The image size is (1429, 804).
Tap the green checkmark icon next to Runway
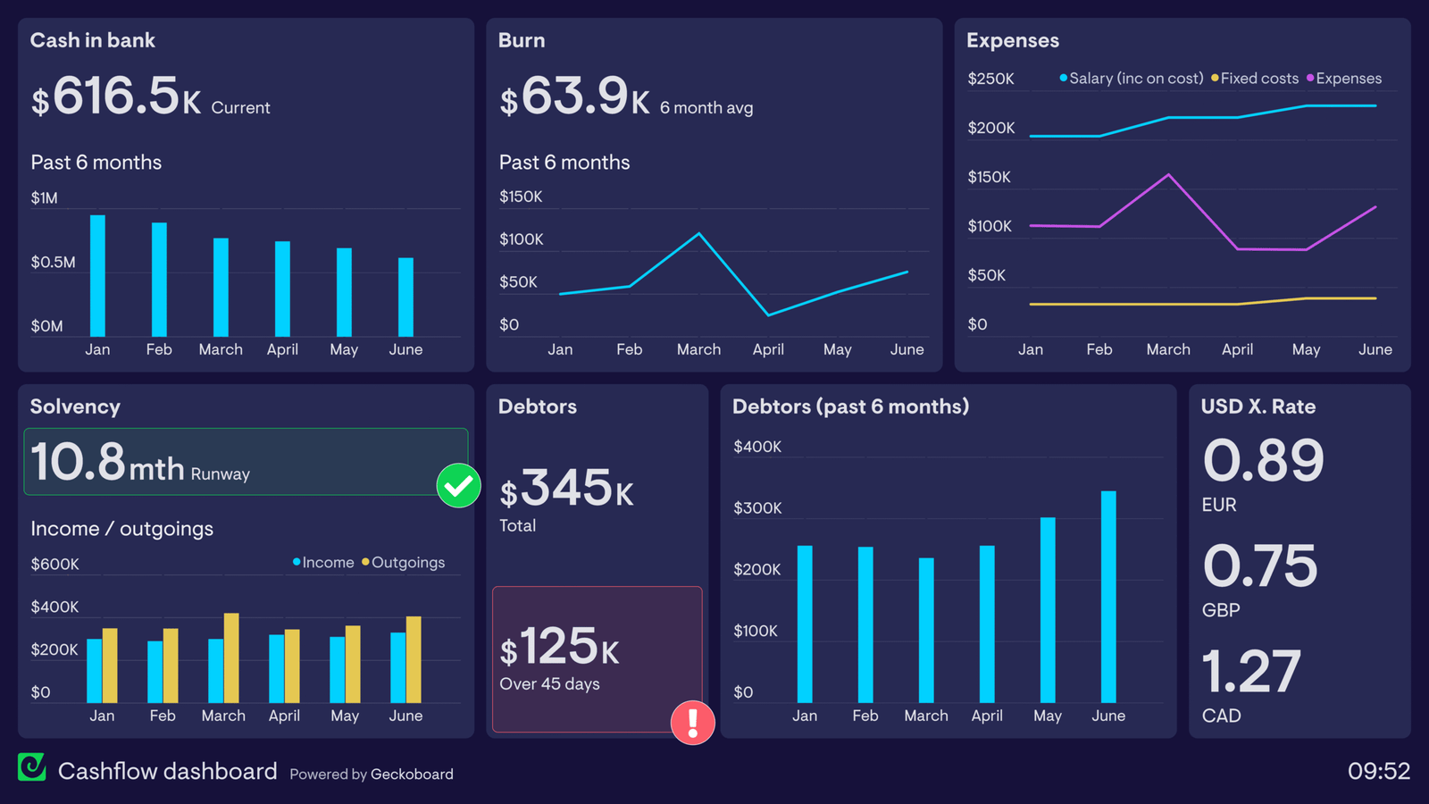[458, 485]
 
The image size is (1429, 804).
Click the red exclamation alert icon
[692, 722]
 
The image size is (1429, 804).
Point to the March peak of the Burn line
[698, 234]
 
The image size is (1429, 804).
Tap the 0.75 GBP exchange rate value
[1259, 565]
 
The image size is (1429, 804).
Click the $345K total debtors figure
[566, 489]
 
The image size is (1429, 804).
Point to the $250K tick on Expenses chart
[990, 79]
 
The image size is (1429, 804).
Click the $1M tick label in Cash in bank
[44, 197]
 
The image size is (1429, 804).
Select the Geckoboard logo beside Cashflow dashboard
[32, 767]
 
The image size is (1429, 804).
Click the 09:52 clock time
[1378, 771]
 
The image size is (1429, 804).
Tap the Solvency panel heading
[75, 406]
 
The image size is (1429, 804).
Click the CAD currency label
[1221, 716]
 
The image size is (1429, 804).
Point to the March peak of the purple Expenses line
[1168, 175]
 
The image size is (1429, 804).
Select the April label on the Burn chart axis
[767, 349]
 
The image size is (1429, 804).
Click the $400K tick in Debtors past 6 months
[756, 447]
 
